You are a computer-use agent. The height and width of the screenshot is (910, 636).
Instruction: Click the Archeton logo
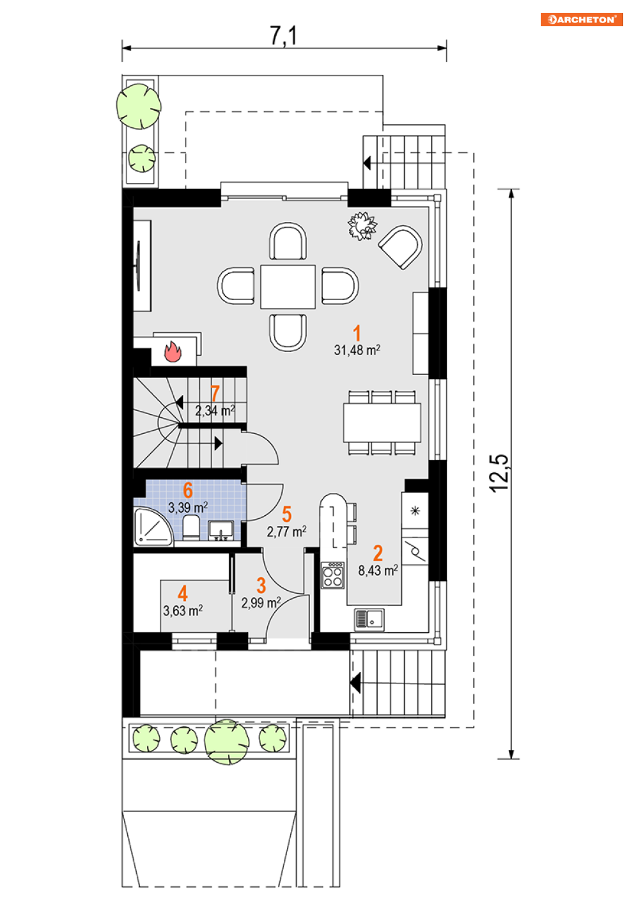(x=581, y=19)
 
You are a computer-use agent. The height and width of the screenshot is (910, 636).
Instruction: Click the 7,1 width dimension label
(x=284, y=36)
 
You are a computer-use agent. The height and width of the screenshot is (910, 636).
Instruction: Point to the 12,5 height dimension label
(x=499, y=473)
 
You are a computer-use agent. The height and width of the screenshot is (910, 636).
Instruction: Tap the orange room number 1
(x=357, y=333)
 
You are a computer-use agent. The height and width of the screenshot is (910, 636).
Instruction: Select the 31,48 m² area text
(x=357, y=350)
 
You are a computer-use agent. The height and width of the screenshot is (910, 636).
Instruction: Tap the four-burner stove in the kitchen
(x=333, y=575)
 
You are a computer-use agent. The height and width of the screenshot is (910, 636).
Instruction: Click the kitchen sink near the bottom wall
(x=369, y=619)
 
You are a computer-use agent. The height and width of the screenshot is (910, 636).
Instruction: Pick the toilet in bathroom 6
(x=190, y=528)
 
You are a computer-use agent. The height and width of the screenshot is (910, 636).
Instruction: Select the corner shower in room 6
(x=153, y=526)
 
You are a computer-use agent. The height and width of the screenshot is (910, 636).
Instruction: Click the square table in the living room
(x=288, y=287)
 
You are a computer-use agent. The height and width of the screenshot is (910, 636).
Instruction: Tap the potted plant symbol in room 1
(x=362, y=226)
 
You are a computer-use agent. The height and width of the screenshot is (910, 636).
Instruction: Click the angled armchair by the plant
(x=401, y=247)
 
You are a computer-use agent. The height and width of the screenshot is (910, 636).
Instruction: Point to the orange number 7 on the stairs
(x=215, y=394)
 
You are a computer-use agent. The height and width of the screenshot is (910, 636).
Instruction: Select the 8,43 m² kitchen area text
(x=378, y=570)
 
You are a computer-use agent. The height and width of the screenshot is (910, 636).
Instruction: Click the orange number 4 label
(x=183, y=593)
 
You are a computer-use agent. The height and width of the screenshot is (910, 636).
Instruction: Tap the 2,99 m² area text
(x=261, y=602)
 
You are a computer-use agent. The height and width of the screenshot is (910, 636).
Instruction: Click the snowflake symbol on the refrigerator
(x=415, y=511)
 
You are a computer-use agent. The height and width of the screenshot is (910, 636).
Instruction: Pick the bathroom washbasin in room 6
(x=221, y=531)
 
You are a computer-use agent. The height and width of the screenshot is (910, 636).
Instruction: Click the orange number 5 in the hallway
(x=286, y=515)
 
